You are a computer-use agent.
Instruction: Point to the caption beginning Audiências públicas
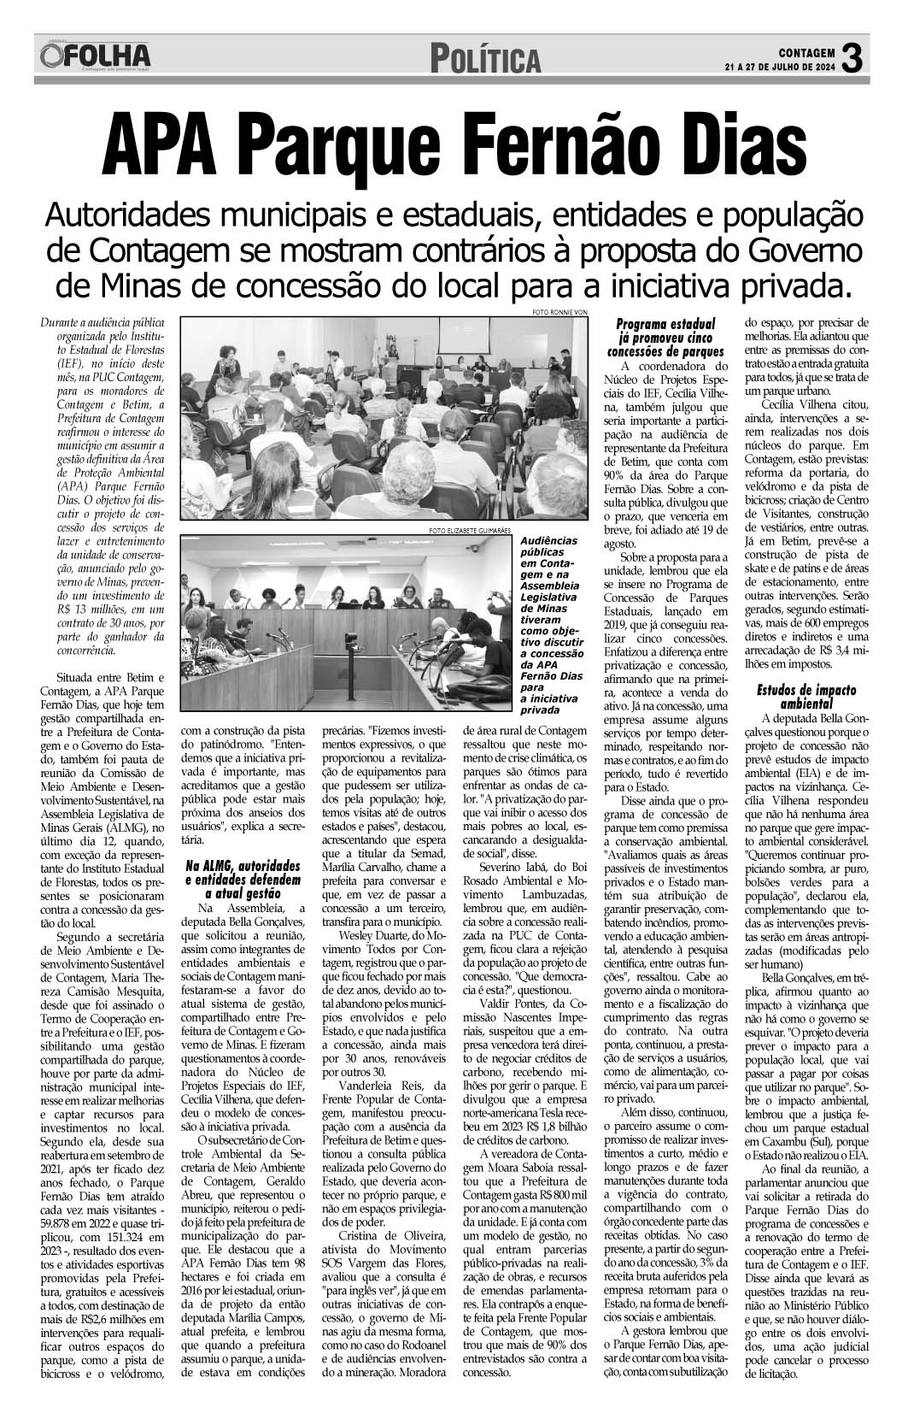(550, 625)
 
